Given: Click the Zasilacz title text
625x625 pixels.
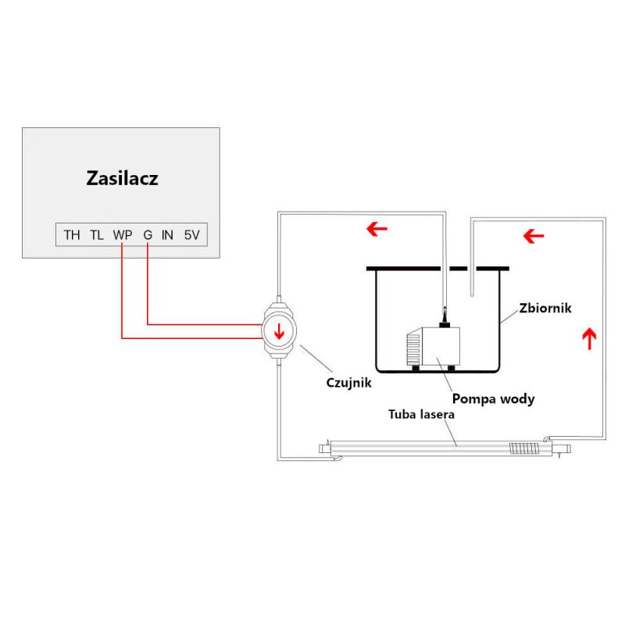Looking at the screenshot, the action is (123, 178).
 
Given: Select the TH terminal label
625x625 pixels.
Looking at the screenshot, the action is (72, 235).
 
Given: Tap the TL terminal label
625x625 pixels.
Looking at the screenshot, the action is (97, 235).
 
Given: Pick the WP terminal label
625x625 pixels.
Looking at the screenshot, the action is (123, 235).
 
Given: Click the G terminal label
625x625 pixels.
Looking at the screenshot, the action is (148, 235).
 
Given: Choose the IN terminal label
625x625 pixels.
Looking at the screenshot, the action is (167, 235).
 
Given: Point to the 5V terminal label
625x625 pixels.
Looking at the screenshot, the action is (191, 235).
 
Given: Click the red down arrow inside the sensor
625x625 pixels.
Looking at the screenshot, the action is (279, 331).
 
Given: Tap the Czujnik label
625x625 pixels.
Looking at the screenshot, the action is (348, 383).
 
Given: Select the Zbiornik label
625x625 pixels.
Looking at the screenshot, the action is (545, 308).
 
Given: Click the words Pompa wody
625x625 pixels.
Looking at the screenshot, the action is (493, 399).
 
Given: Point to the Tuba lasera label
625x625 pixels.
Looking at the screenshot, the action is (421, 415).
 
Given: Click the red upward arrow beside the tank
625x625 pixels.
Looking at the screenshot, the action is (590, 338).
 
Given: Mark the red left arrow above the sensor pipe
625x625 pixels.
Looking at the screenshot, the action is (377, 229).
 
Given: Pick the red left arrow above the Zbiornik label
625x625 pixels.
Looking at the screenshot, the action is (534, 236).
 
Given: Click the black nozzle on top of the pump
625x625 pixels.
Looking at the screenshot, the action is (445, 320).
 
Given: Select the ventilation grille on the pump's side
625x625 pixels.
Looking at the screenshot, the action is (413, 349).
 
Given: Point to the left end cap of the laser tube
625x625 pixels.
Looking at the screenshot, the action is (325, 448).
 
